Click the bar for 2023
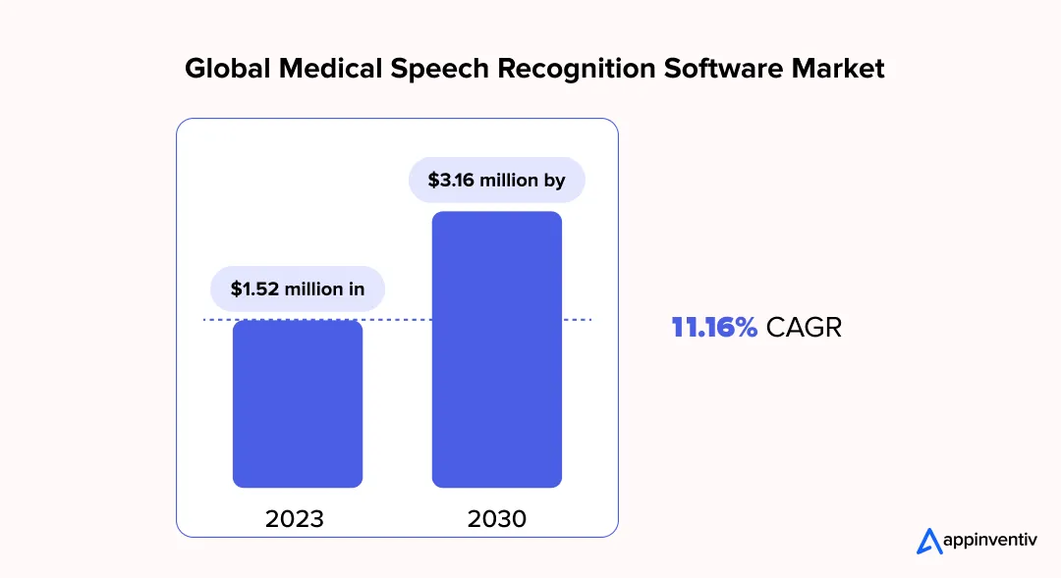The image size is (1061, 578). click(297, 403)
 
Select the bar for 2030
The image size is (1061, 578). click(496, 349)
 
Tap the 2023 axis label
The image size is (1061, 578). click(295, 518)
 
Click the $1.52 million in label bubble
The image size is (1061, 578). click(297, 289)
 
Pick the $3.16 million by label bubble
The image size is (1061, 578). click(496, 181)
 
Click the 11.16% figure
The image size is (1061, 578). click(714, 328)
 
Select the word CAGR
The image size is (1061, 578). click(804, 328)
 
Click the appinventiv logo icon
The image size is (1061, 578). click(928, 541)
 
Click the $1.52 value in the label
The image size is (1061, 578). click(253, 289)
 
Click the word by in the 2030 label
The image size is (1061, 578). click(554, 181)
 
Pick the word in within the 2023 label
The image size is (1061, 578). click(356, 289)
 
